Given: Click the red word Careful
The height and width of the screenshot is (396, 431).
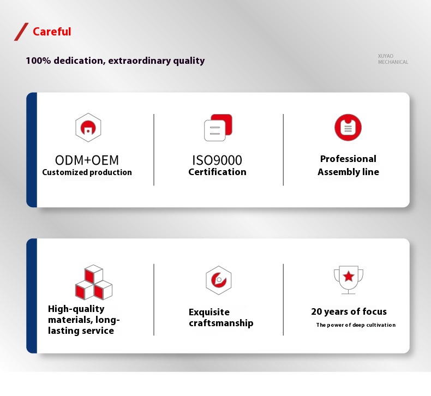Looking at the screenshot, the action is click(52, 32).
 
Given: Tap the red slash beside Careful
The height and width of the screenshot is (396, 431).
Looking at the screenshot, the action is click(21, 32).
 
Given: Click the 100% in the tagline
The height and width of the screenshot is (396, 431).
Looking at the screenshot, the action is click(38, 61).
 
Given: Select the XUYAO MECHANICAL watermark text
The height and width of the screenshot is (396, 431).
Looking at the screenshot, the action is click(393, 59).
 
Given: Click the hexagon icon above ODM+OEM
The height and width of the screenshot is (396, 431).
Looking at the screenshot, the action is click(88, 128).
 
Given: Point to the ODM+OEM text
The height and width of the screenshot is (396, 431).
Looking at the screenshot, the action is click(87, 160).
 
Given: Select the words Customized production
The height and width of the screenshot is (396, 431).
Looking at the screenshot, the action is click(87, 172).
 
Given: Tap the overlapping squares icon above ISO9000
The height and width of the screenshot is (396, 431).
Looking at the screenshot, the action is click(218, 128).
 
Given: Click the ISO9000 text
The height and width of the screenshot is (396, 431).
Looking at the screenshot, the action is click(217, 160).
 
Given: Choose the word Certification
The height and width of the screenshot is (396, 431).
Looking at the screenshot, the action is click(217, 172).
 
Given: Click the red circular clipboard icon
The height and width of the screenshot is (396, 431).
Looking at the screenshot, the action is click(348, 128).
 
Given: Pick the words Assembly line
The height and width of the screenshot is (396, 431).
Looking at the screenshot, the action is click(348, 172).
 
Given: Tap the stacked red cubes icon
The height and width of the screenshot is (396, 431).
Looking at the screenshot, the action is click(94, 282).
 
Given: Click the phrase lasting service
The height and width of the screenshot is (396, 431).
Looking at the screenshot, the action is click(81, 331).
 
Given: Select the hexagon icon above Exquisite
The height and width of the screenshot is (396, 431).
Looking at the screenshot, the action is click(219, 280).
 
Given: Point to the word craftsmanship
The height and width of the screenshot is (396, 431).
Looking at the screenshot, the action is click(221, 323).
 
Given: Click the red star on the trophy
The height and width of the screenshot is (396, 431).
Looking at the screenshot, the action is click(349, 276).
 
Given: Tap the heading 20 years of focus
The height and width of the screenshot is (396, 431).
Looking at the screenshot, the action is click(349, 311).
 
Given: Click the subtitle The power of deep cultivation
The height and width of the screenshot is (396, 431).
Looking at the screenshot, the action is click(356, 325).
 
